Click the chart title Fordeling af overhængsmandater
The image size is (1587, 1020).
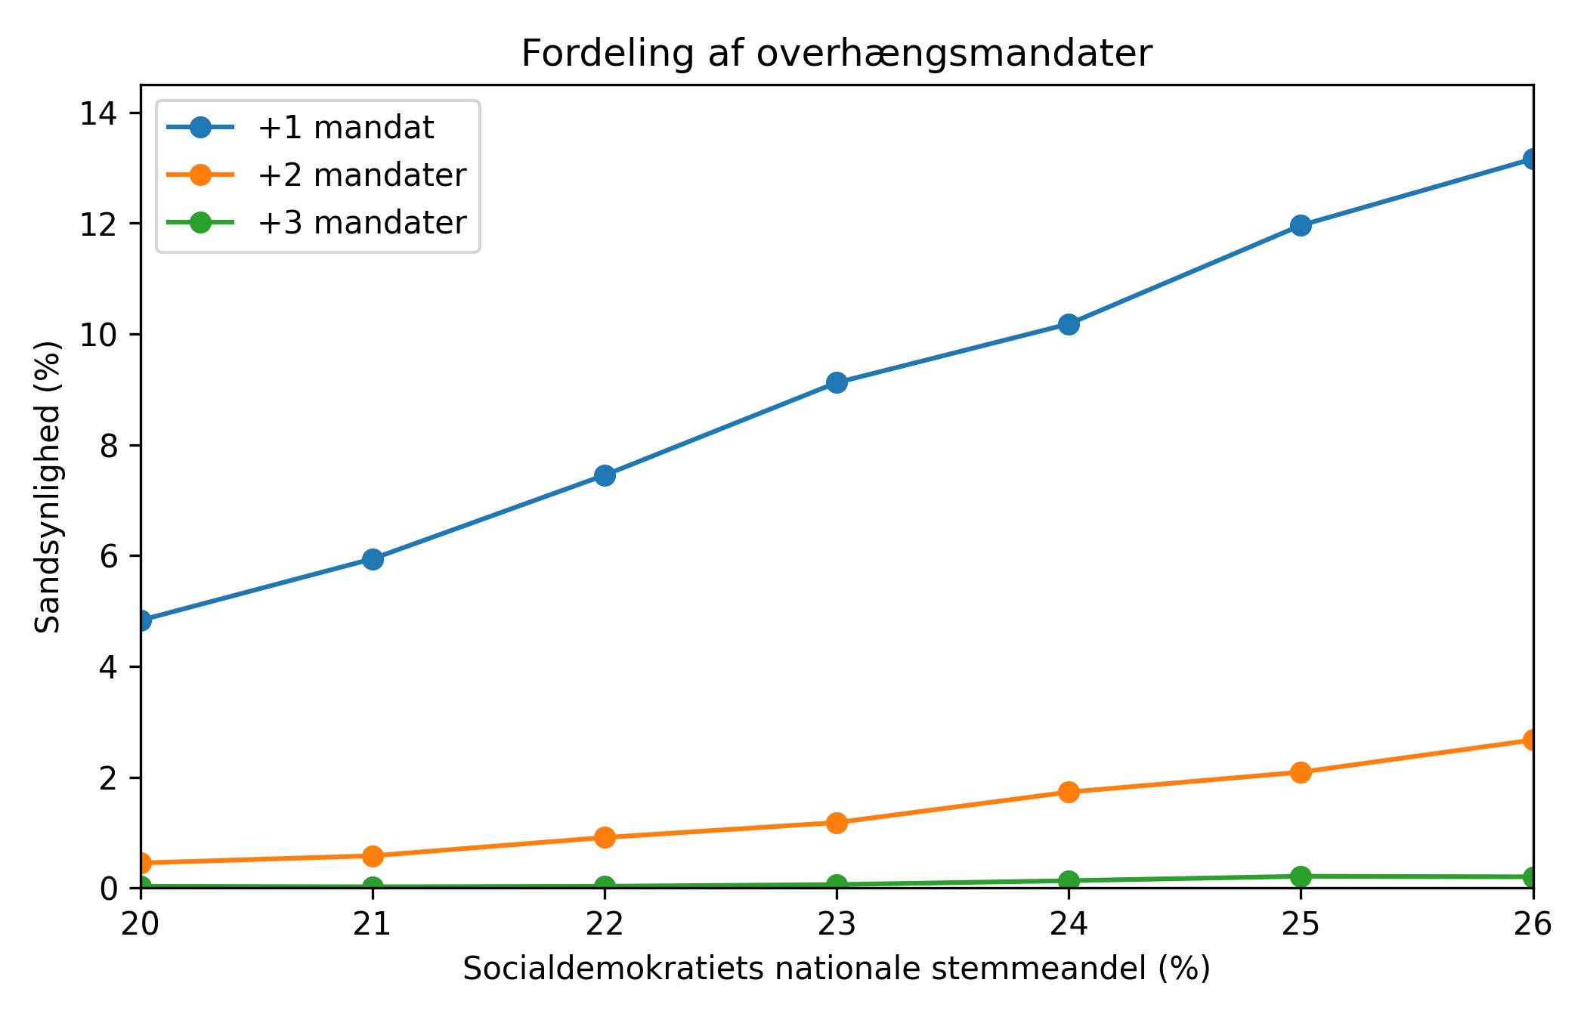pos(837,54)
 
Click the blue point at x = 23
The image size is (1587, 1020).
pos(837,382)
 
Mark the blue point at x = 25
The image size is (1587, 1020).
pos(1301,225)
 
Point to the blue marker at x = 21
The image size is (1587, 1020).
pos(373,559)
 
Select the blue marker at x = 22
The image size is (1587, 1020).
pos(605,475)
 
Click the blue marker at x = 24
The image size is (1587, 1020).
pos(1069,324)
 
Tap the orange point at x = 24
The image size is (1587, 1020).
pos(1069,792)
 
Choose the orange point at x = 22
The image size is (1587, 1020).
pos(605,837)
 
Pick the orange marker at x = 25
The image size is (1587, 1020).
pos(1301,772)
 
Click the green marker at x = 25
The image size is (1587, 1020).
pos(1301,876)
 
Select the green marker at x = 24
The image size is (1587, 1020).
pos(1069,880)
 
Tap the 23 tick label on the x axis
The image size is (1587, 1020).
pos(837,924)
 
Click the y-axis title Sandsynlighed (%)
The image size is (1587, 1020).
pos(48,487)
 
